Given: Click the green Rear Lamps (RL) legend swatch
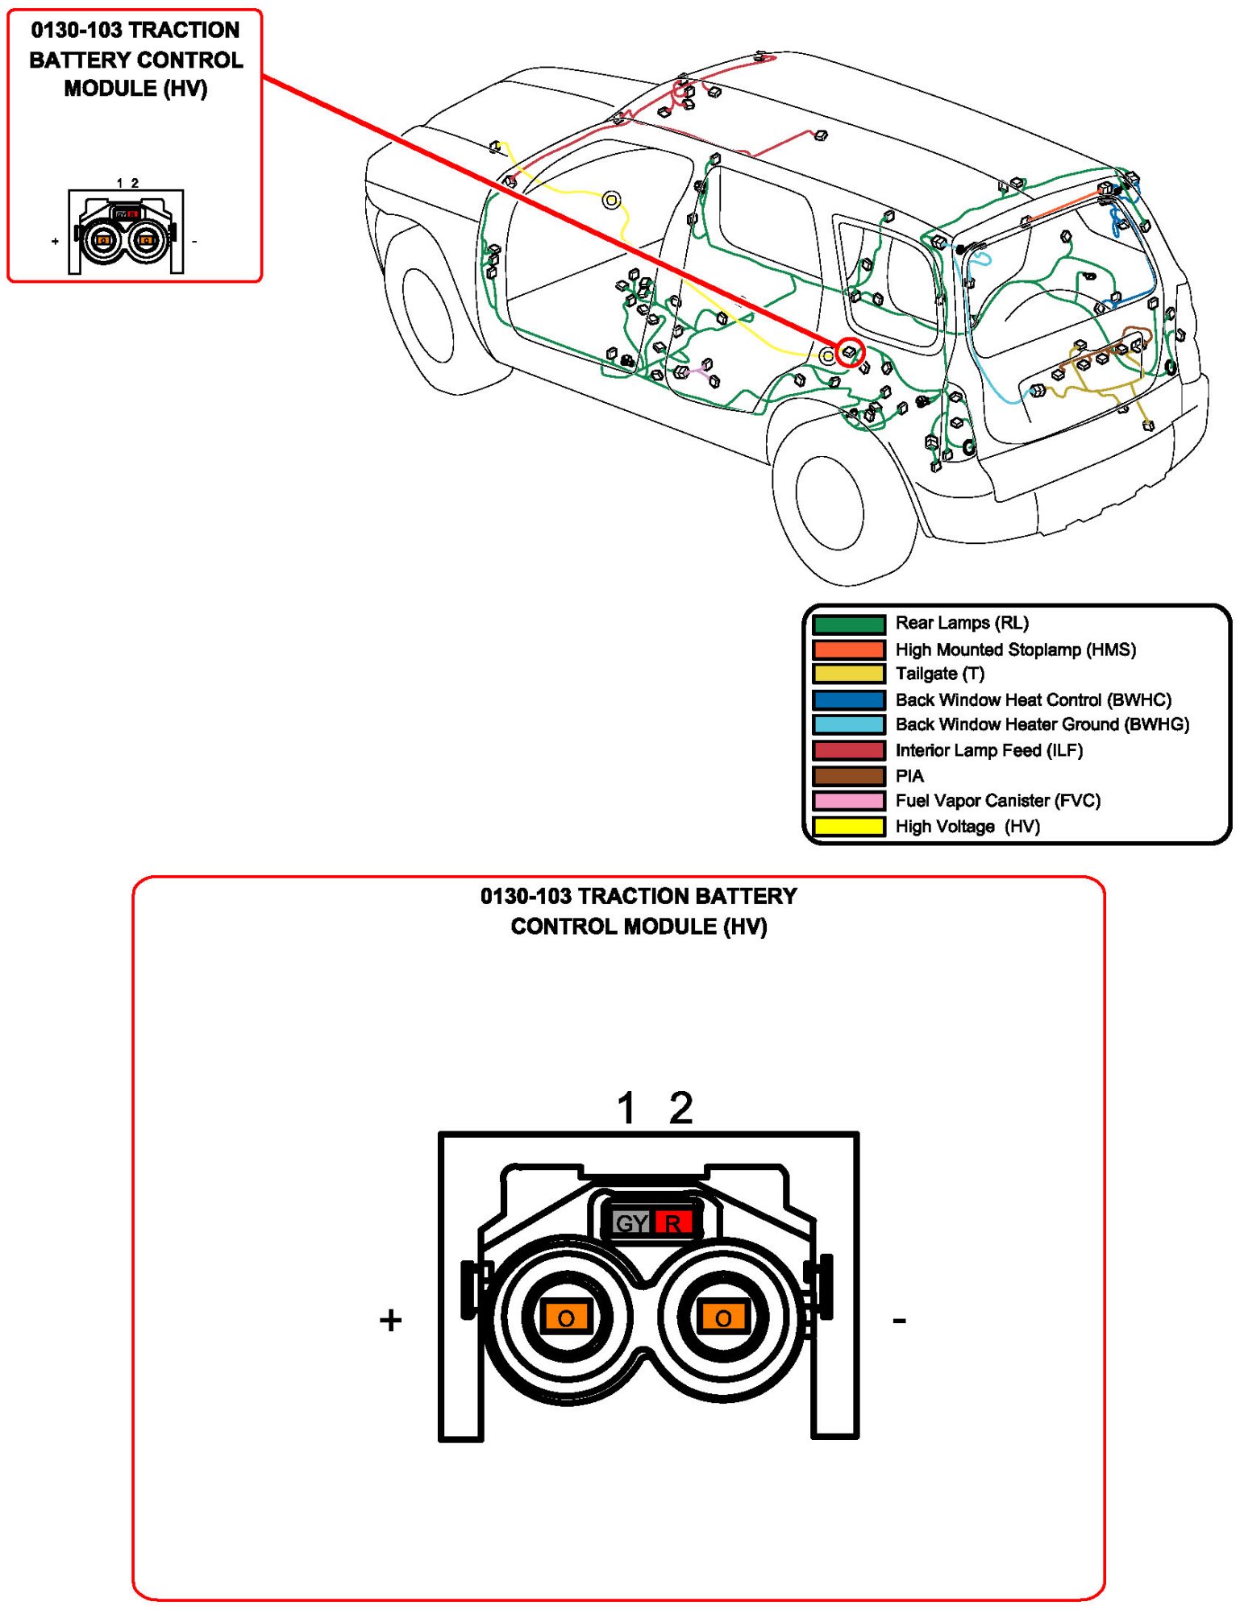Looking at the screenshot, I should (x=848, y=624).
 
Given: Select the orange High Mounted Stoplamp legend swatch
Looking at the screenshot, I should (x=848, y=649).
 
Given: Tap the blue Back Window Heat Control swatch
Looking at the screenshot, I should (x=848, y=699).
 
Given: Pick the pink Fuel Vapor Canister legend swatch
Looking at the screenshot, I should (x=848, y=801).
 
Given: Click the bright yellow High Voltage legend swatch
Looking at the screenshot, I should (x=848, y=826).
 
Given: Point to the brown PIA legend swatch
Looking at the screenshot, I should (x=848, y=776).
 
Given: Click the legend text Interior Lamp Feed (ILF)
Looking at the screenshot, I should (x=988, y=750).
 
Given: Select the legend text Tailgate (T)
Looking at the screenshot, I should (x=939, y=674).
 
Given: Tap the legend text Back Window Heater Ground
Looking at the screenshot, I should (x=1042, y=724).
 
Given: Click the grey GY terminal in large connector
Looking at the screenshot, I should (x=630, y=1223).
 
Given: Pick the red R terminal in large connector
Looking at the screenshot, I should (x=673, y=1223).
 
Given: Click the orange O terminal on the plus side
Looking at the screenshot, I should (x=566, y=1317).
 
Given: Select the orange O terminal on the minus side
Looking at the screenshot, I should (x=723, y=1317).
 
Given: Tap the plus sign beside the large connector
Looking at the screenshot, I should (x=391, y=1320).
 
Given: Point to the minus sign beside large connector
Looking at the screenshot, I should (x=900, y=1320).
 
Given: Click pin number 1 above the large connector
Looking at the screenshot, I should (x=626, y=1108).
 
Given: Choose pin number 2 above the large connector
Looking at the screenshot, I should (x=681, y=1108).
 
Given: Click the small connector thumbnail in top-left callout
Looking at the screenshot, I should (x=126, y=232).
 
